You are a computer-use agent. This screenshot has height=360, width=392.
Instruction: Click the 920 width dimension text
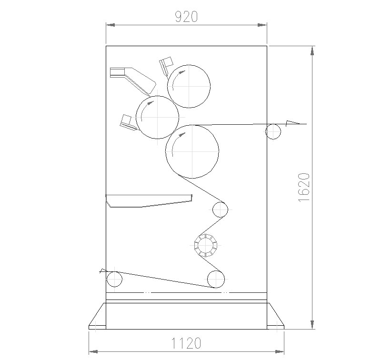coord(186,17)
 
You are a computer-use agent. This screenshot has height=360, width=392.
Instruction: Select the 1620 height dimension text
coord(304,187)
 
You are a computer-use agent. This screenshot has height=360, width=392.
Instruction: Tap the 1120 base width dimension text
coord(186,343)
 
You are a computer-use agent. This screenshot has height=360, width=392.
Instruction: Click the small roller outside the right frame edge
coord(273,124)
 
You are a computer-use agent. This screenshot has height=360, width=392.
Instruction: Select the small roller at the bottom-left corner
coord(114,271)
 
